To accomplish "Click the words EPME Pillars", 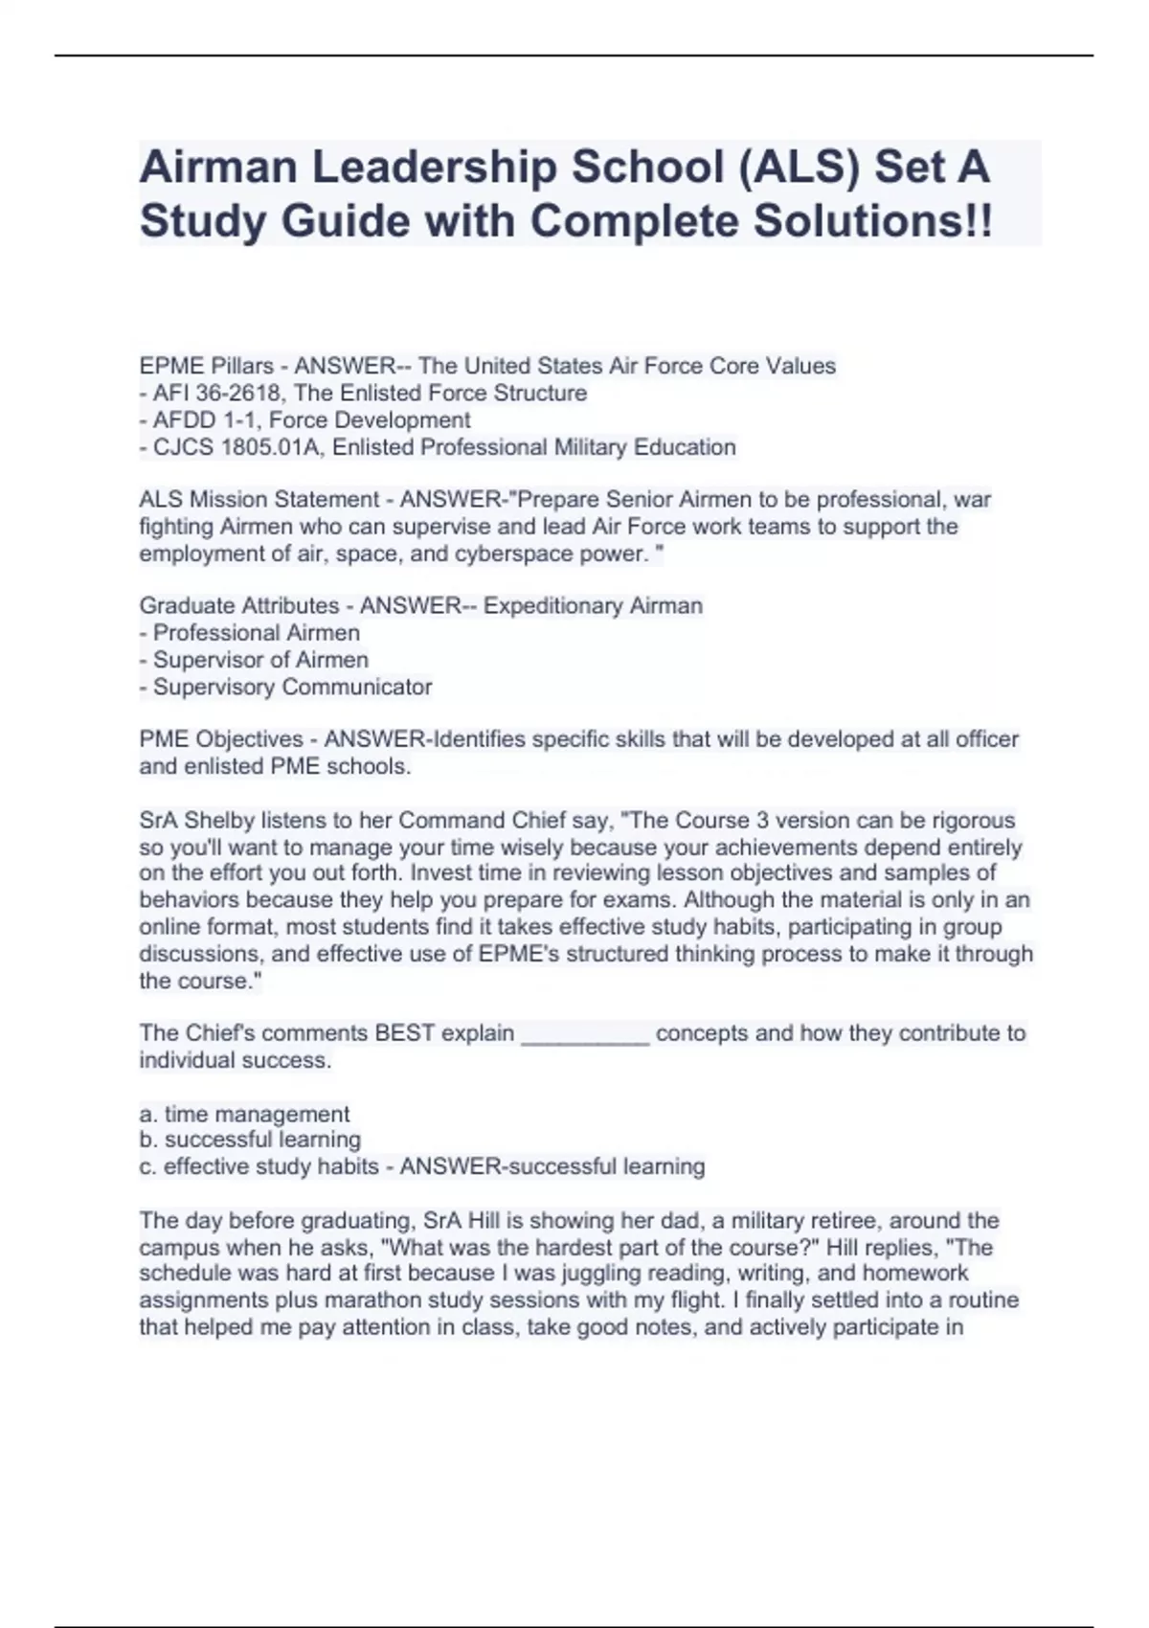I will point(206,366).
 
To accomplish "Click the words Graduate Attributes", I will point(238,605).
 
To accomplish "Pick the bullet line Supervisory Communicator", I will point(292,687).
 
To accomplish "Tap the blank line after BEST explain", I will point(585,1033).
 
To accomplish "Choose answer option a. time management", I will point(244,1114).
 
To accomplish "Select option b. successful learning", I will point(250,1140).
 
